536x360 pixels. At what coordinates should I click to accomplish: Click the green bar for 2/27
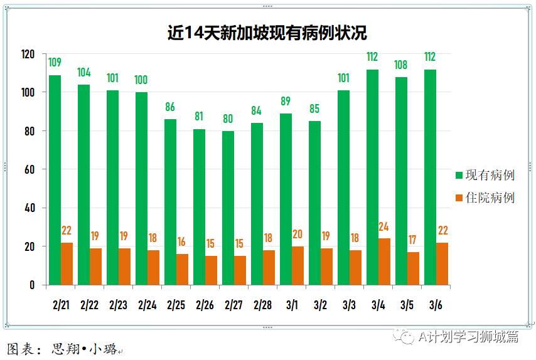point(228,208)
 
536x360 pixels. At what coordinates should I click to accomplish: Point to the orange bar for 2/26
point(212,270)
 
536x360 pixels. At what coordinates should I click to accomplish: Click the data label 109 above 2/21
point(55,62)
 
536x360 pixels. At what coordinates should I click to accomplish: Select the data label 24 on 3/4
point(384,226)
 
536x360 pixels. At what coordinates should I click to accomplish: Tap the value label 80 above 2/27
point(228,119)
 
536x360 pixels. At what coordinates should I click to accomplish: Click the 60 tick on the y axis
point(28,169)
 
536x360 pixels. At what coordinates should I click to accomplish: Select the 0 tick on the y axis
point(31,285)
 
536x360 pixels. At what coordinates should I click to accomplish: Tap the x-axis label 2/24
point(147,305)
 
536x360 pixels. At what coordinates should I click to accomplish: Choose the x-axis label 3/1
point(291,305)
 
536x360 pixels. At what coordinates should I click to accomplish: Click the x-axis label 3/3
point(349,305)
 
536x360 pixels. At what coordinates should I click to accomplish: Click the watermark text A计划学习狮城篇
point(468,337)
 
